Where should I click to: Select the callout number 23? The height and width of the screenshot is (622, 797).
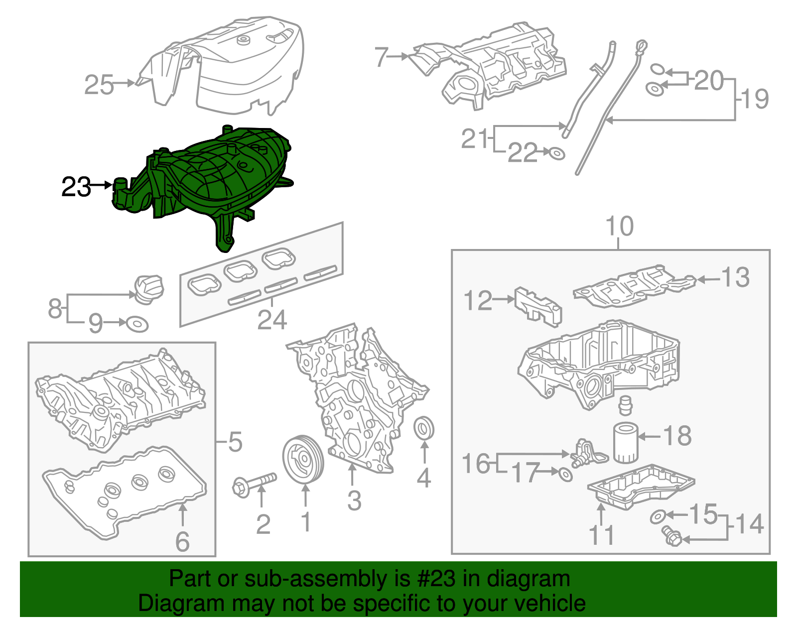click(x=76, y=187)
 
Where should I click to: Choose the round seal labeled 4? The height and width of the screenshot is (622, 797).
click(x=424, y=428)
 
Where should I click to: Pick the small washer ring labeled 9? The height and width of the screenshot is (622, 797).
click(x=137, y=324)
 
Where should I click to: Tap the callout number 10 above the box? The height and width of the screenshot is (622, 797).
click(x=619, y=227)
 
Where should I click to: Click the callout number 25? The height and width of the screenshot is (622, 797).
click(x=99, y=85)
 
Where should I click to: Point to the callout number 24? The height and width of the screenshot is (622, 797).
click(x=272, y=320)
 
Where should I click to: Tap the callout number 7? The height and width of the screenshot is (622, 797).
click(x=381, y=57)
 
